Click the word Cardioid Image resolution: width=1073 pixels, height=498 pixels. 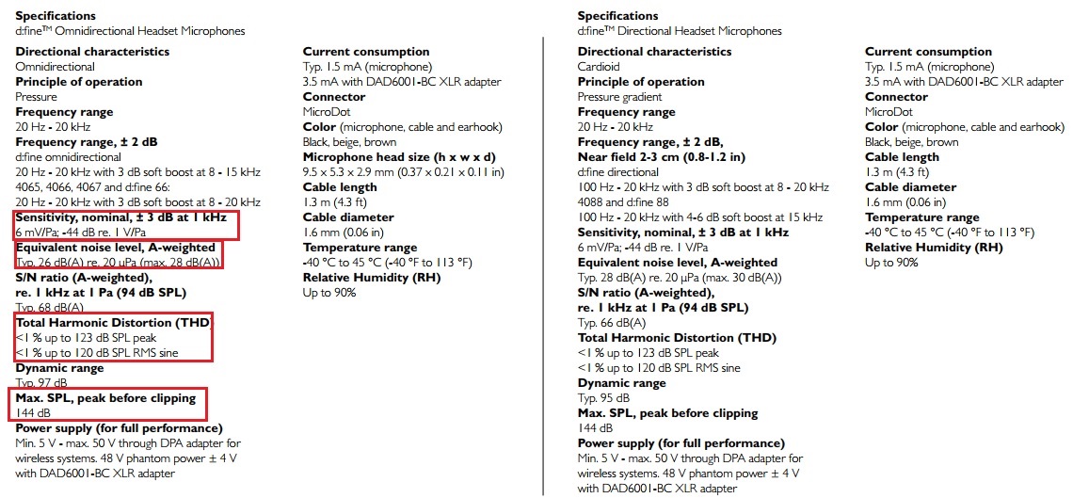coord(599,67)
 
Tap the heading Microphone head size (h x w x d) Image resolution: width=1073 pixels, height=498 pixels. coord(399,156)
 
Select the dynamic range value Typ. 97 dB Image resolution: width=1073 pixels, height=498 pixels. coord(41,383)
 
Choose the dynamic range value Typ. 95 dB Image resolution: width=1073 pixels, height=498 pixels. coord(603,398)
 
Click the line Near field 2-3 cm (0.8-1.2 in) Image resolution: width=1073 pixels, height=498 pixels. coord(661,157)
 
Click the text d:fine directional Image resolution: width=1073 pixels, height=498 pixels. coord(618,172)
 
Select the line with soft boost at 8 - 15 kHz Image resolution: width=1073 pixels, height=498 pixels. coord(137,171)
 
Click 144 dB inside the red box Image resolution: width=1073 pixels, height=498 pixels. coord(33,413)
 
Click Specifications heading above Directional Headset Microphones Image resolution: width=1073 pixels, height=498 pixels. coord(617,16)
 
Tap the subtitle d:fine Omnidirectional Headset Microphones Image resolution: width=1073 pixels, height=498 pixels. coord(130,31)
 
